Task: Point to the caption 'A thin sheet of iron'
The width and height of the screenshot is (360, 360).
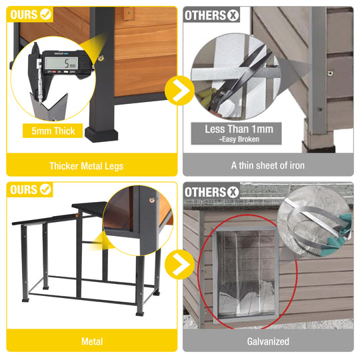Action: (x=267, y=165)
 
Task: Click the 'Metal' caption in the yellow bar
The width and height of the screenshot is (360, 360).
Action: (x=92, y=341)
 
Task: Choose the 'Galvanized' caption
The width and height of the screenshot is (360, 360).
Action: (x=268, y=341)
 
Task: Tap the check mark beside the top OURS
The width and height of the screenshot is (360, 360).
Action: (x=46, y=14)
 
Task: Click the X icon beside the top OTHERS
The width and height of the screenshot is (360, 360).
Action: (x=232, y=14)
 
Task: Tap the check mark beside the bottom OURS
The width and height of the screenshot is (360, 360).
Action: (x=46, y=190)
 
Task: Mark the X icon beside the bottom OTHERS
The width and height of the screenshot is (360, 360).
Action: (x=232, y=193)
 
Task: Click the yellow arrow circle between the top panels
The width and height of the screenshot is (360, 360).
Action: (x=179, y=93)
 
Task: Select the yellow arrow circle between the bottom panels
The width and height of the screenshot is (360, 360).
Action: (x=179, y=265)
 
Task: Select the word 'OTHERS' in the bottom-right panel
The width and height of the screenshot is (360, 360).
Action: (x=205, y=193)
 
